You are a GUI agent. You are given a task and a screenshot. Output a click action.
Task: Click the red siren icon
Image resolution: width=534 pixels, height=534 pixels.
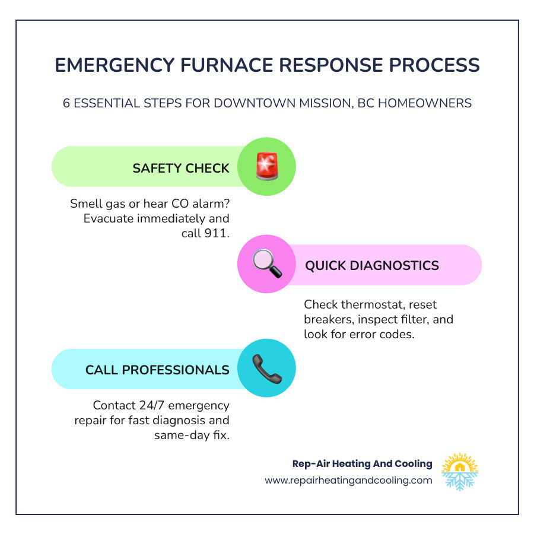point(266,167)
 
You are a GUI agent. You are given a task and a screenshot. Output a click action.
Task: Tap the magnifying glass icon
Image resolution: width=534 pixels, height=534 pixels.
point(266,265)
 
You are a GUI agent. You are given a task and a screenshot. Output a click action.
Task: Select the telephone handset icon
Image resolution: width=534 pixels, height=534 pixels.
point(266,368)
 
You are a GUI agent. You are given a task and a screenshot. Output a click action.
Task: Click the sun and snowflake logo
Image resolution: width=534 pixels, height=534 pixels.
point(460,472)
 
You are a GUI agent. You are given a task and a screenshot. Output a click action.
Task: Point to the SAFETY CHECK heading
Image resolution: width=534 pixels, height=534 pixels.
point(181,168)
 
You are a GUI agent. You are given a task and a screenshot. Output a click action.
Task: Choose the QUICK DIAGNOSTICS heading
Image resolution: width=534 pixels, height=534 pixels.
point(372,265)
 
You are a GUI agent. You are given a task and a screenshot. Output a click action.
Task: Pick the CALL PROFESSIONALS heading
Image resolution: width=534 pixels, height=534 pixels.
point(157,370)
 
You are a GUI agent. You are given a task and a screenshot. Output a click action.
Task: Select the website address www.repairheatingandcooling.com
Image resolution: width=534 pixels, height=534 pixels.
point(348,481)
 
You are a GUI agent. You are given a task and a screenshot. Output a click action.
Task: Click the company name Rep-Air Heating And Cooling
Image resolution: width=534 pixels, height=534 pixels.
point(363,463)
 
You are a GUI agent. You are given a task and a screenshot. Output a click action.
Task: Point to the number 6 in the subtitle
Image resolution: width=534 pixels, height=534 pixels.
point(67,103)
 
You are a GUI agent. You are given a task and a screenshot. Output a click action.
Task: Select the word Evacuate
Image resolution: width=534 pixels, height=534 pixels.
point(110,218)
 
